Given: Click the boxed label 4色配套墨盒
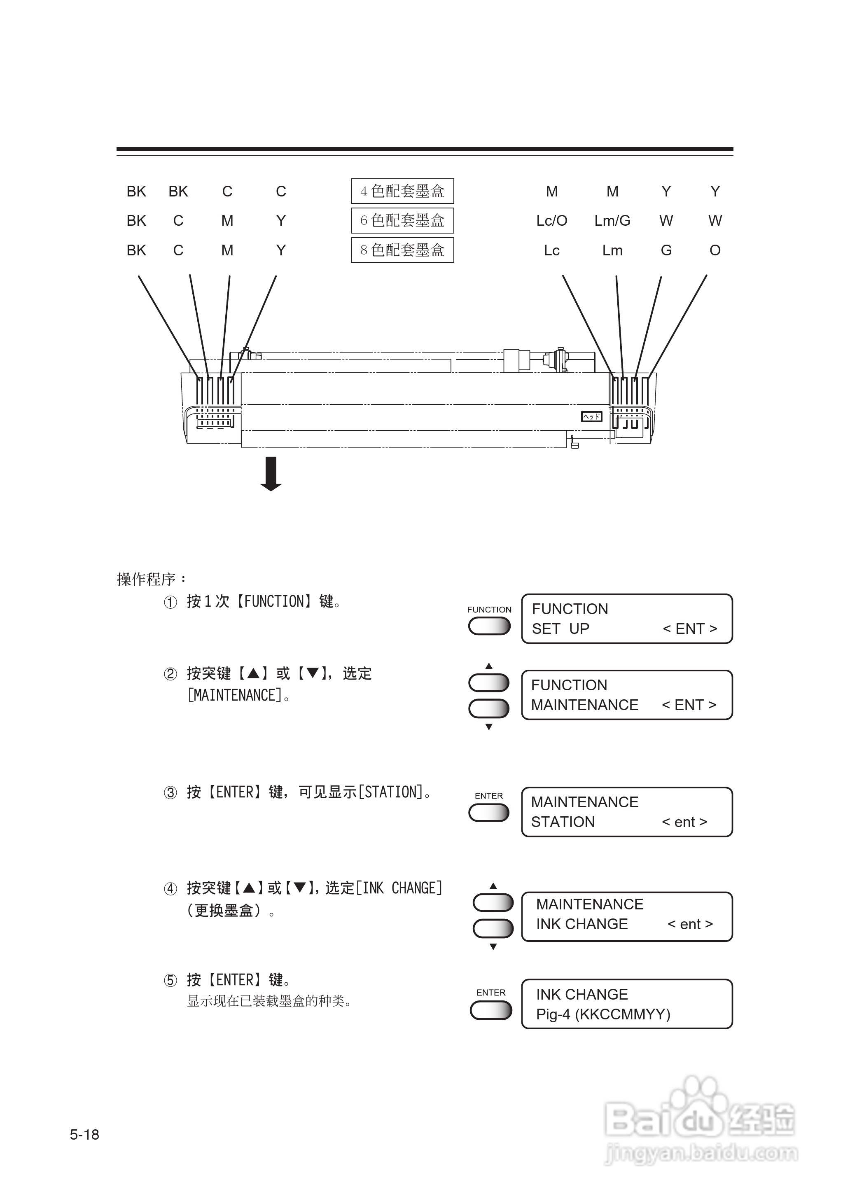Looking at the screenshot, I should coord(402,191).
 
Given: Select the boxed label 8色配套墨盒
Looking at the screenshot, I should coord(402,250).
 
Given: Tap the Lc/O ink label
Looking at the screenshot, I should coord(552,221).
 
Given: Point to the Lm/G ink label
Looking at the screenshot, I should coord(612,221).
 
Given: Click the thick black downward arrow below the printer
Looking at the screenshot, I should coord(271,474).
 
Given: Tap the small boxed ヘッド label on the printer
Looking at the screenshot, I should coord(591,416).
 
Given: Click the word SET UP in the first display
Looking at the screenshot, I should coord(560,629).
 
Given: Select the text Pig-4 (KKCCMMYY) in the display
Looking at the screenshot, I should coord(603,1014).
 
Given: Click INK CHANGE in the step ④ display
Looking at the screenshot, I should coord(581,924).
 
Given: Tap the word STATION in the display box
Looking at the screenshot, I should coord(563,822).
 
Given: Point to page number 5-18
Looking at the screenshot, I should coord(84,1135).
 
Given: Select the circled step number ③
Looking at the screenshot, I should coord(170,792).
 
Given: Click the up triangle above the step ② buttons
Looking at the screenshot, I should coord(489,666).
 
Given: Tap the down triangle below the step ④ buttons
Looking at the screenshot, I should coord(493,946).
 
